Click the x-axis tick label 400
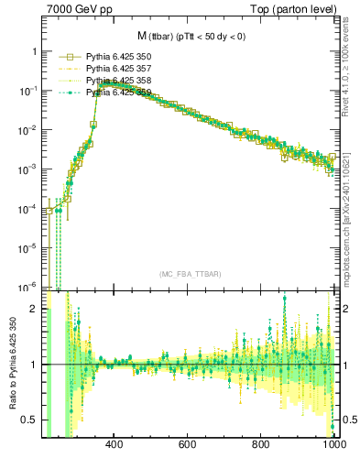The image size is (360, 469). tap(115, 445)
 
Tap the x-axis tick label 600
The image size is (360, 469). tap(188, 445)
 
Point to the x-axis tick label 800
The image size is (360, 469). tap(261, 445)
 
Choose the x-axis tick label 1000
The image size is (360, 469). tap(332, 445)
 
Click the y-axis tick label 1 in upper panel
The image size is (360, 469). tap(34, 52)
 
